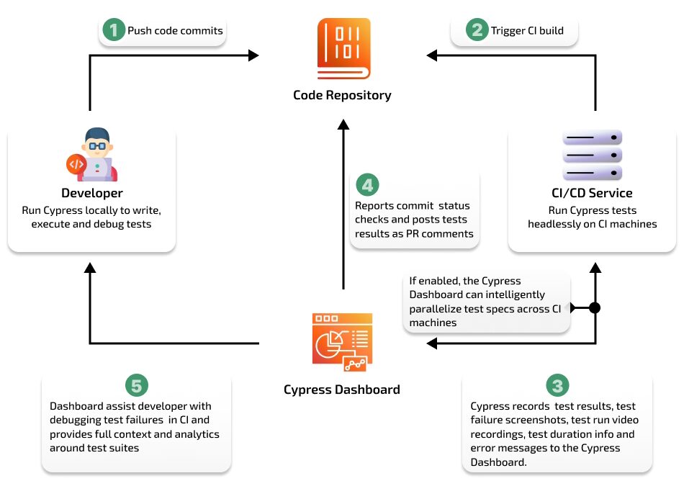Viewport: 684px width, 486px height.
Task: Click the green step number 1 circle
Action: tap(113, 30)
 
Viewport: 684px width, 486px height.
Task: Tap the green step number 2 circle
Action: tap(476, 30)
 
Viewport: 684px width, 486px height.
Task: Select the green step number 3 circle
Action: tap(557, 386)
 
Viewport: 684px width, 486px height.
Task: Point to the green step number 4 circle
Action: tap(366, 186)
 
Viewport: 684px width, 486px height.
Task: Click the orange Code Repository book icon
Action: tap(343, 49)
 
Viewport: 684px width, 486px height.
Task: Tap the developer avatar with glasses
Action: tap(92, 154)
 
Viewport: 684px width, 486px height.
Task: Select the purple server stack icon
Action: tap(592, 155)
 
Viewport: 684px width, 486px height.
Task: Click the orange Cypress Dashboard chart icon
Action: tap(342, 342)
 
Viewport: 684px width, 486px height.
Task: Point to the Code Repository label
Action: tap(342, 95)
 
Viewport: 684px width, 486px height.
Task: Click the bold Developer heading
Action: tap(91, 193)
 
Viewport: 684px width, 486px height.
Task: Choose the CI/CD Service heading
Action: tap(592, 193)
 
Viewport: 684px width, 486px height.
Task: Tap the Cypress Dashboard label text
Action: tap(342, 390)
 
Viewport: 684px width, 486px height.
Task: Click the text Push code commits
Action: tap(175, 31)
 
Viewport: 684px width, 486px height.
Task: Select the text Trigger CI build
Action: tap(527, 31)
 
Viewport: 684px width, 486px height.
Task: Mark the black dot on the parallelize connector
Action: tap(595, 308)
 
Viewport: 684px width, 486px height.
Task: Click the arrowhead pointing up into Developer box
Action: tap(90, 268)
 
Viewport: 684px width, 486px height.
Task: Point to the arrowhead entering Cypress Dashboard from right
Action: tap(431, 343)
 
